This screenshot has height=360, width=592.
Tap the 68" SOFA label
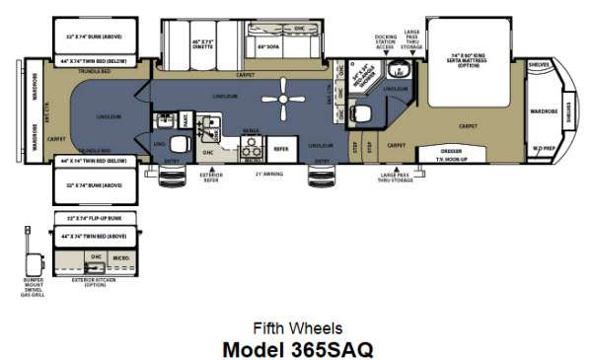coord(269,46)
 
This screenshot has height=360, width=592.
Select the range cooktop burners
coord(250,148)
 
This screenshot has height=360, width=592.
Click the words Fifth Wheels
coord(296,328)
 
